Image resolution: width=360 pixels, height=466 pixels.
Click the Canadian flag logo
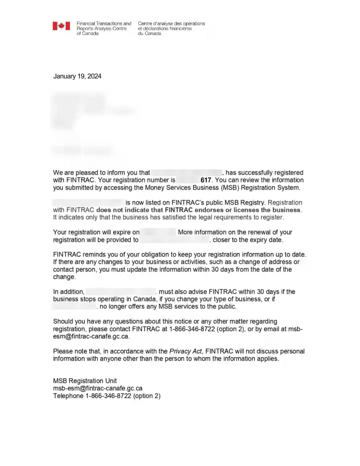(x=61, y=26)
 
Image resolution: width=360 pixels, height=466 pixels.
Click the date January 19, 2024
(x=77, y=76)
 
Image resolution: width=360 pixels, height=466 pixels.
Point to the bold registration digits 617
(x=206, y=180)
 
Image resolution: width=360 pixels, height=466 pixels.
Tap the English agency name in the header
(x=104, y=28)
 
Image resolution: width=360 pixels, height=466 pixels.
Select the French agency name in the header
(x=171, y=28)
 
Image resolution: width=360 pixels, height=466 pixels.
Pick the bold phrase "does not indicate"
(x=121, y=210)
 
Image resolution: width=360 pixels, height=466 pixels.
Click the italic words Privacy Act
(x=185, y=351)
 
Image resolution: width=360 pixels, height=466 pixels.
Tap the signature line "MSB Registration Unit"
(x=85, y=381)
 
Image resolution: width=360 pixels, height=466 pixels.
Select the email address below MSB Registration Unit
(x=98, y=388)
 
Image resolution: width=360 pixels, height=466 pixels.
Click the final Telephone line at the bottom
(x=107, y=396)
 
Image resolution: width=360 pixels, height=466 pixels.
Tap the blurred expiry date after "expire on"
(x=159, y=232)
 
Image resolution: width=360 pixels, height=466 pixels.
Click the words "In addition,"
(x=68, y=292)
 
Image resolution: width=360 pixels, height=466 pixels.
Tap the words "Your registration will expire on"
(x=96, y=232)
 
